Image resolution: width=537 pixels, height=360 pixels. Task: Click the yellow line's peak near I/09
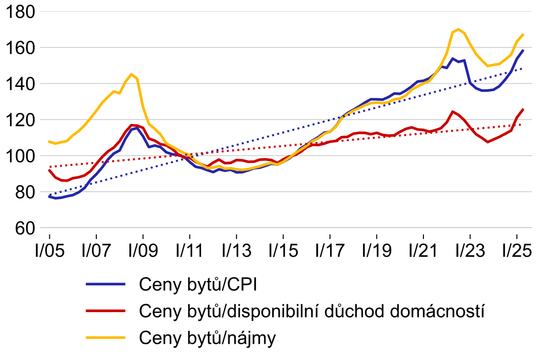coord(131,74)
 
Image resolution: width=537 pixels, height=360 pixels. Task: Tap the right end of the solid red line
coord(523,110)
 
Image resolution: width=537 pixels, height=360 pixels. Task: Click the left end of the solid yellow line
coord(49,142)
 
